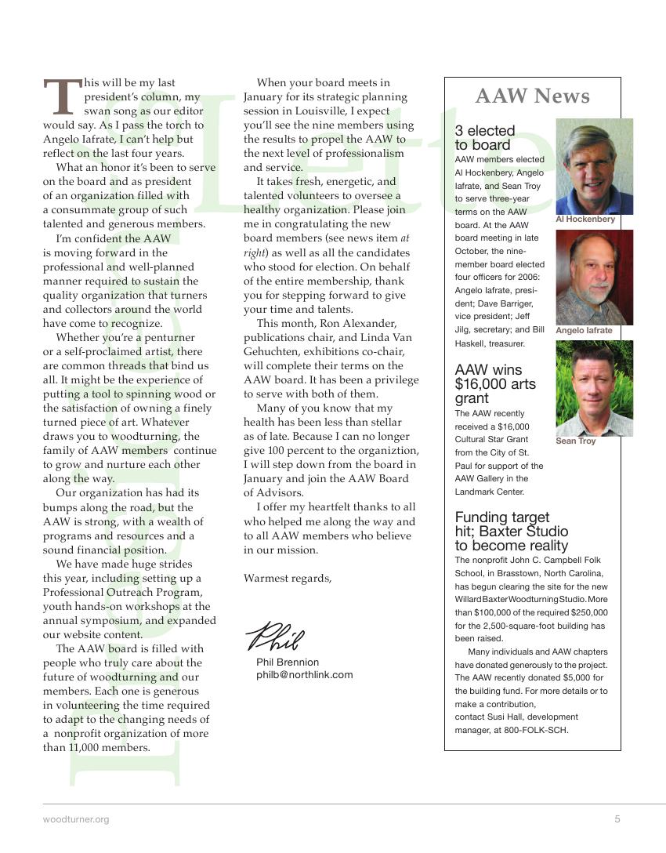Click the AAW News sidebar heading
pyautogui.click(x=532, y=96)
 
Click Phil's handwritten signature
pyautogui.click(x=274, y=636)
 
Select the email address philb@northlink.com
pyautogui.click(x=305, y=674)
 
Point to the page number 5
pyautogui.click(x=617, y=819)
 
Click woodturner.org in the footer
pyautogui.click(x=76, y=819)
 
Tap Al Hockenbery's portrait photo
pyautogui.click(x=594, y=165)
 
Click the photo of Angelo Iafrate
pyautogui.click(x=594, y=277)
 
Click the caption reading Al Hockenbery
pyautogui.click(x=585, y=220)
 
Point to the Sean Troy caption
pyautogui.click(x=575, y=441)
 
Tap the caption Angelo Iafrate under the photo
pyautogui.click(x=584, y=331)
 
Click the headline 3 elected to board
pyautogui.click(x=484, y=138)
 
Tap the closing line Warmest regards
pyautogui.click(x=288, y=579)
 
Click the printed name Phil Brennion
pyautogui.click(x=288, y=662)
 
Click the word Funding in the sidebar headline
pyautogui.click(x=481, y=517)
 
